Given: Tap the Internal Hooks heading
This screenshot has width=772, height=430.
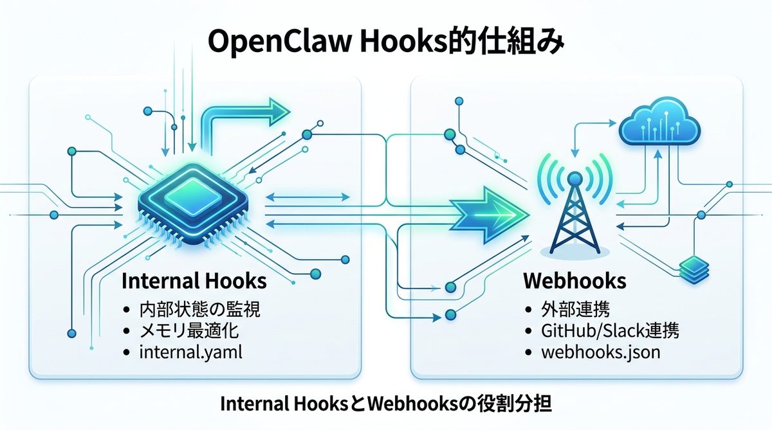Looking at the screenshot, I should [x=194, y=282].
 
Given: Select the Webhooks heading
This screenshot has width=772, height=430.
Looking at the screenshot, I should [x=575, y=282].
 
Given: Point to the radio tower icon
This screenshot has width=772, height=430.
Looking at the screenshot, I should [x=574, y=212].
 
